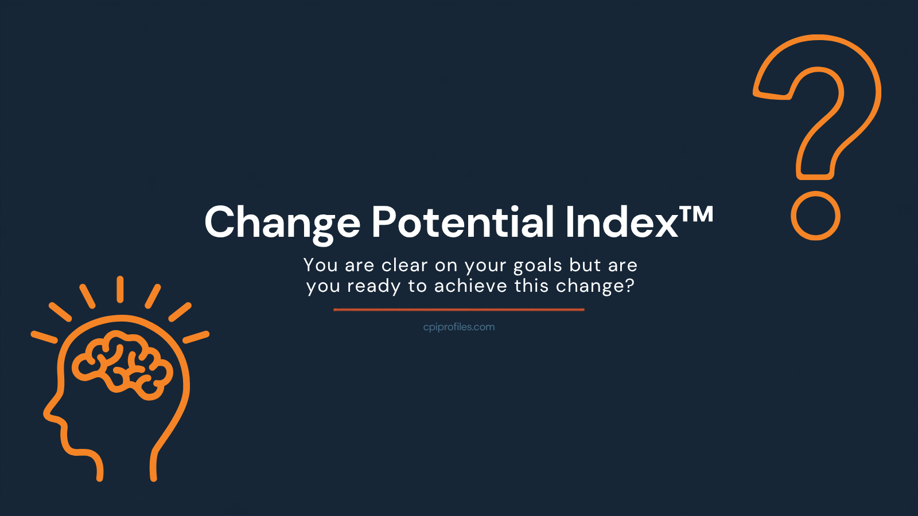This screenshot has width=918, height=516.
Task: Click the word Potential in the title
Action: tap(463, 222)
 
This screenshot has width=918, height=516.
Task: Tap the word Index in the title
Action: tap(622, 222)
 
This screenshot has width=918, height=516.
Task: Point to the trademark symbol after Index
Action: tap(697, 214)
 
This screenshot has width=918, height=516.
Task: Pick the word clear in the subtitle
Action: tap(405, 265)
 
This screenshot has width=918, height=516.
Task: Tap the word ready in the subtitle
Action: tap(374, 286)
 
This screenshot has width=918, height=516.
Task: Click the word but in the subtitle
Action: tap(585, 265)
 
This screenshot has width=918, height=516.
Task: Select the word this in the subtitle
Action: tap(531, 286)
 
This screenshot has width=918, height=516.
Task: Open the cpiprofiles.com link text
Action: tap(459, 327)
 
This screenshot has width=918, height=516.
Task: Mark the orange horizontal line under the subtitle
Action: tap(459, 310)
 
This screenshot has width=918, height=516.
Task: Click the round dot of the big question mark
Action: tap(815, 216)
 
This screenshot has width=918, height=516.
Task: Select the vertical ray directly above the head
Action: tap(120, 289)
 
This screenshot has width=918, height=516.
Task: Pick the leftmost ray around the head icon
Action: tap(44, 337)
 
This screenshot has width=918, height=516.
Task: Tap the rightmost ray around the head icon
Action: tap(196, 337)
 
